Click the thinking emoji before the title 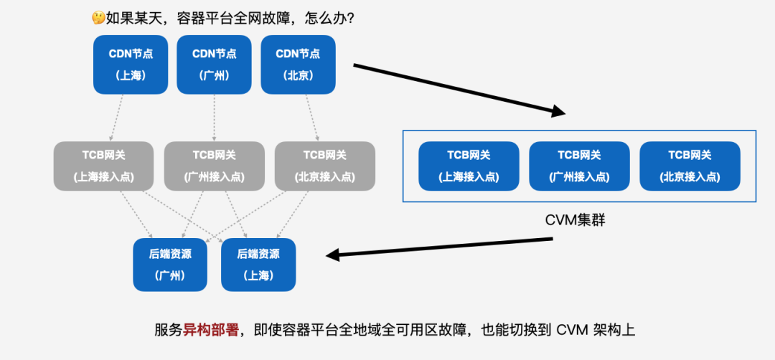click(98, 18)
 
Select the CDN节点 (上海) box click(131, 65)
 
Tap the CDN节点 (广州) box click(214, 65)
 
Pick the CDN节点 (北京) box click(298, 65)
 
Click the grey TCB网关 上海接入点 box click(103, 166)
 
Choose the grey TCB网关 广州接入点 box click(214, 166)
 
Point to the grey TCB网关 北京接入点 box click(324, 166)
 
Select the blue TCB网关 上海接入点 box click(469, 166)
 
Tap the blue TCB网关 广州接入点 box click(579, 166)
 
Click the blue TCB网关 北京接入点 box click(690, 166)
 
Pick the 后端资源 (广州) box click(169, 265)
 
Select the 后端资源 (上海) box click(258, 265)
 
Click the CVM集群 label click(576, 220)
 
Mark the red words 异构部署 click(208, 330)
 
